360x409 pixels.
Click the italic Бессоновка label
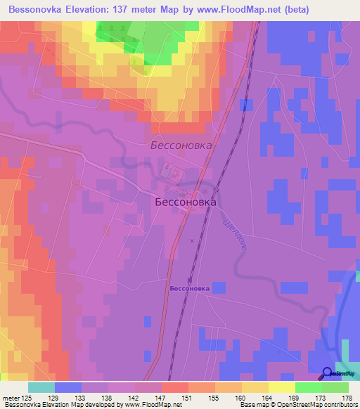coord(181,145)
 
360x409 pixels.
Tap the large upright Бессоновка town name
coord(185,201)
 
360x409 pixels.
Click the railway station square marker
coord(189,280)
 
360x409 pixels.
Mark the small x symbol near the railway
coord(192,240)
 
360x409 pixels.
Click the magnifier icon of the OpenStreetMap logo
coord(328,372)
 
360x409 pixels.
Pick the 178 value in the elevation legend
coord(346,398)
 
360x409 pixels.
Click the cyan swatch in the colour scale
coord(41,387)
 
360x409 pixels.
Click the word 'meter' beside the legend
coord(13,398)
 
